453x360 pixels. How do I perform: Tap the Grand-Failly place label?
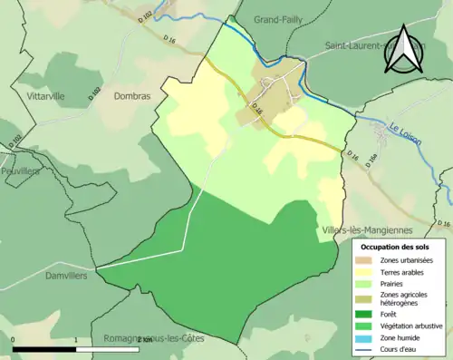(x=278, y=18)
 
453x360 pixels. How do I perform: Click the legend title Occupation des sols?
(x=395, y=247)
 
